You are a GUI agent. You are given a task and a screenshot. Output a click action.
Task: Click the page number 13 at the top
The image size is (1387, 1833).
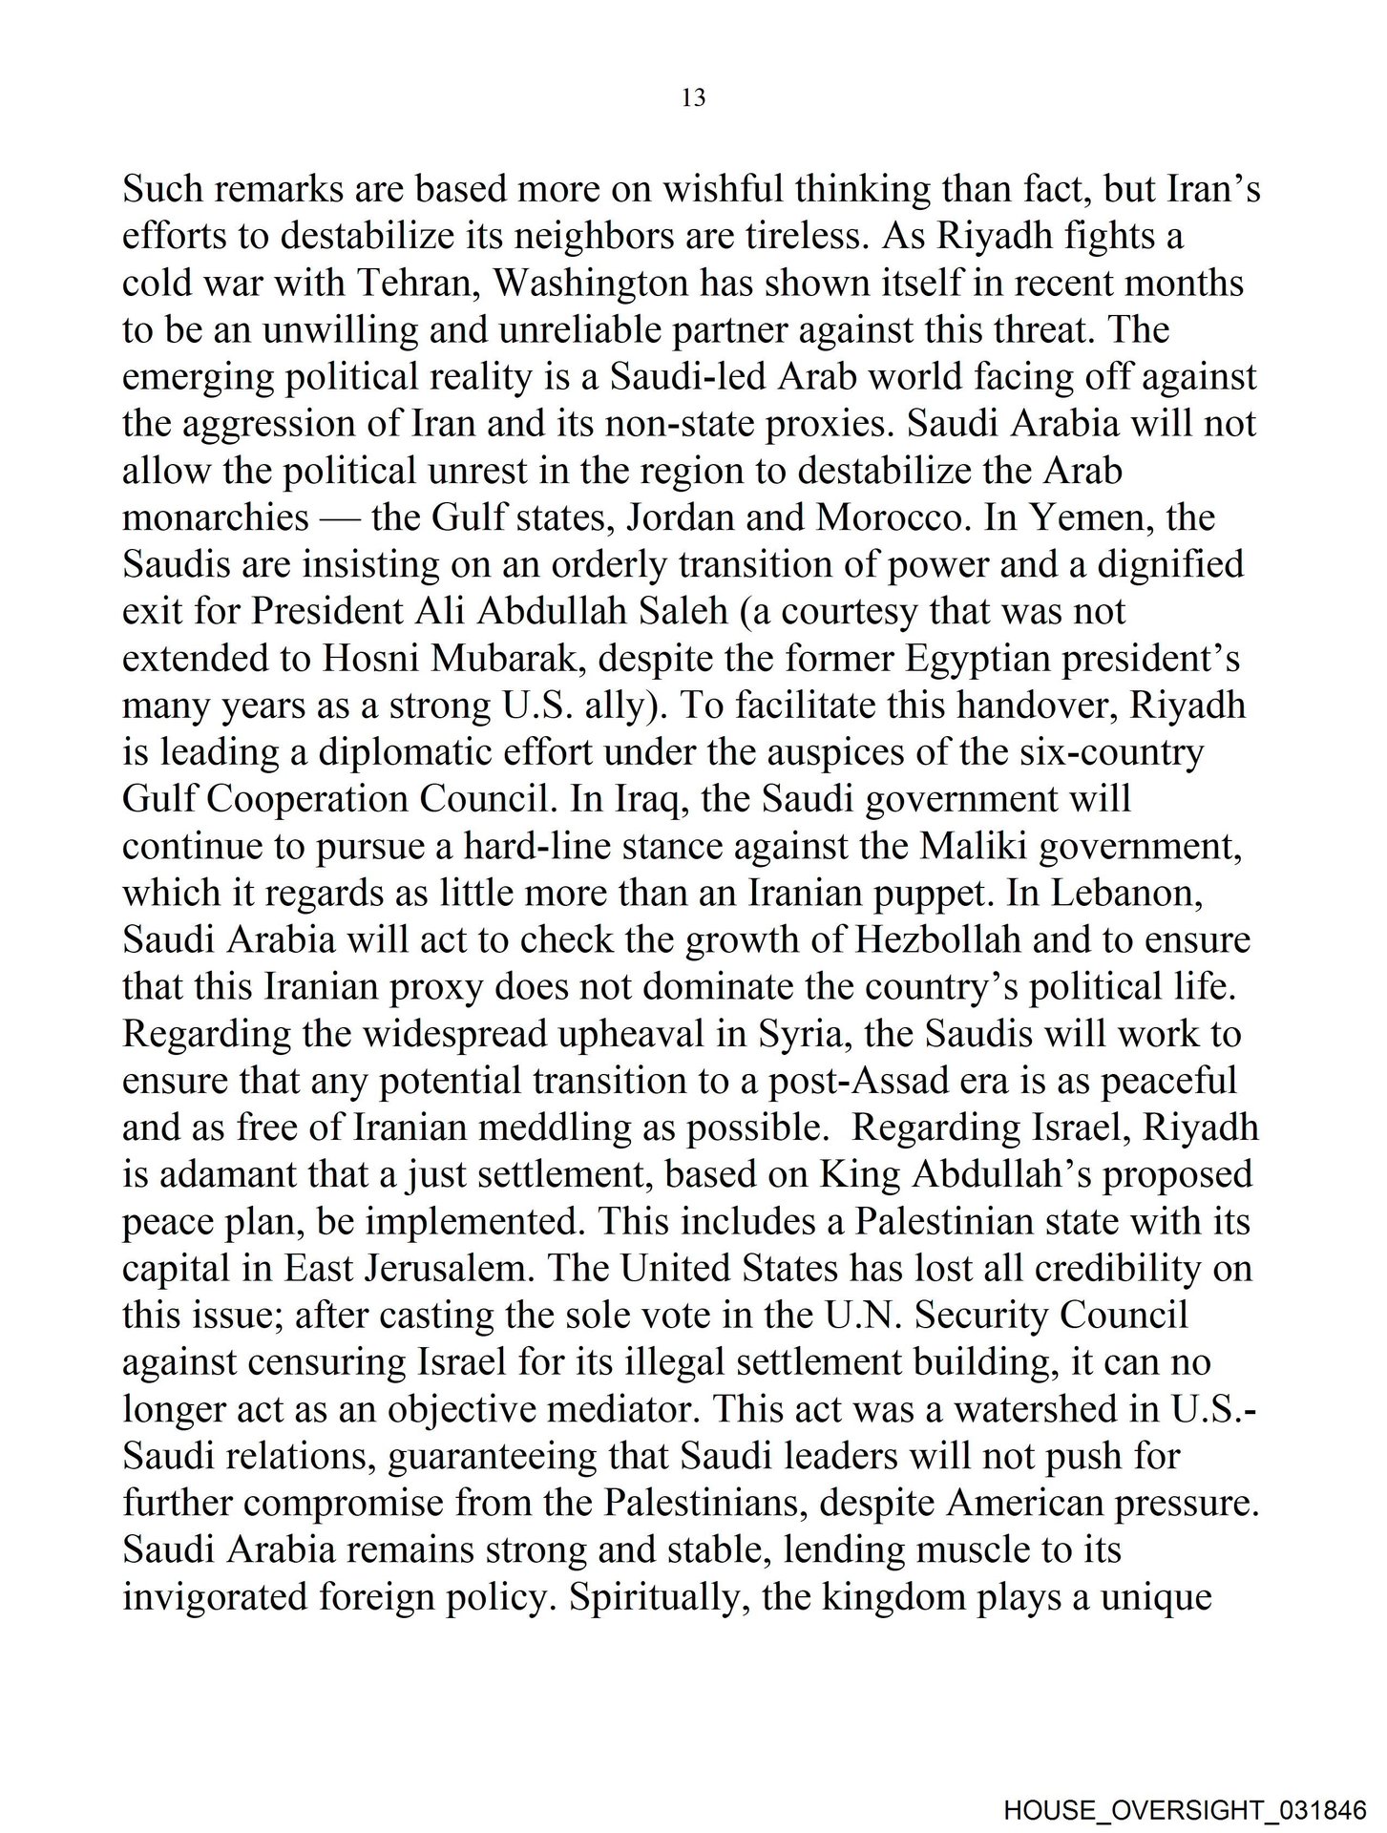(x=694, y=97)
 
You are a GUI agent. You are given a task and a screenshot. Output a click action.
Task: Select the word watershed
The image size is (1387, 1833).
(x=1022, y=1409)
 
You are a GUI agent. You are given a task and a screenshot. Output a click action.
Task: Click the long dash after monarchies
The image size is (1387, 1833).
(x=341, y=517)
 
